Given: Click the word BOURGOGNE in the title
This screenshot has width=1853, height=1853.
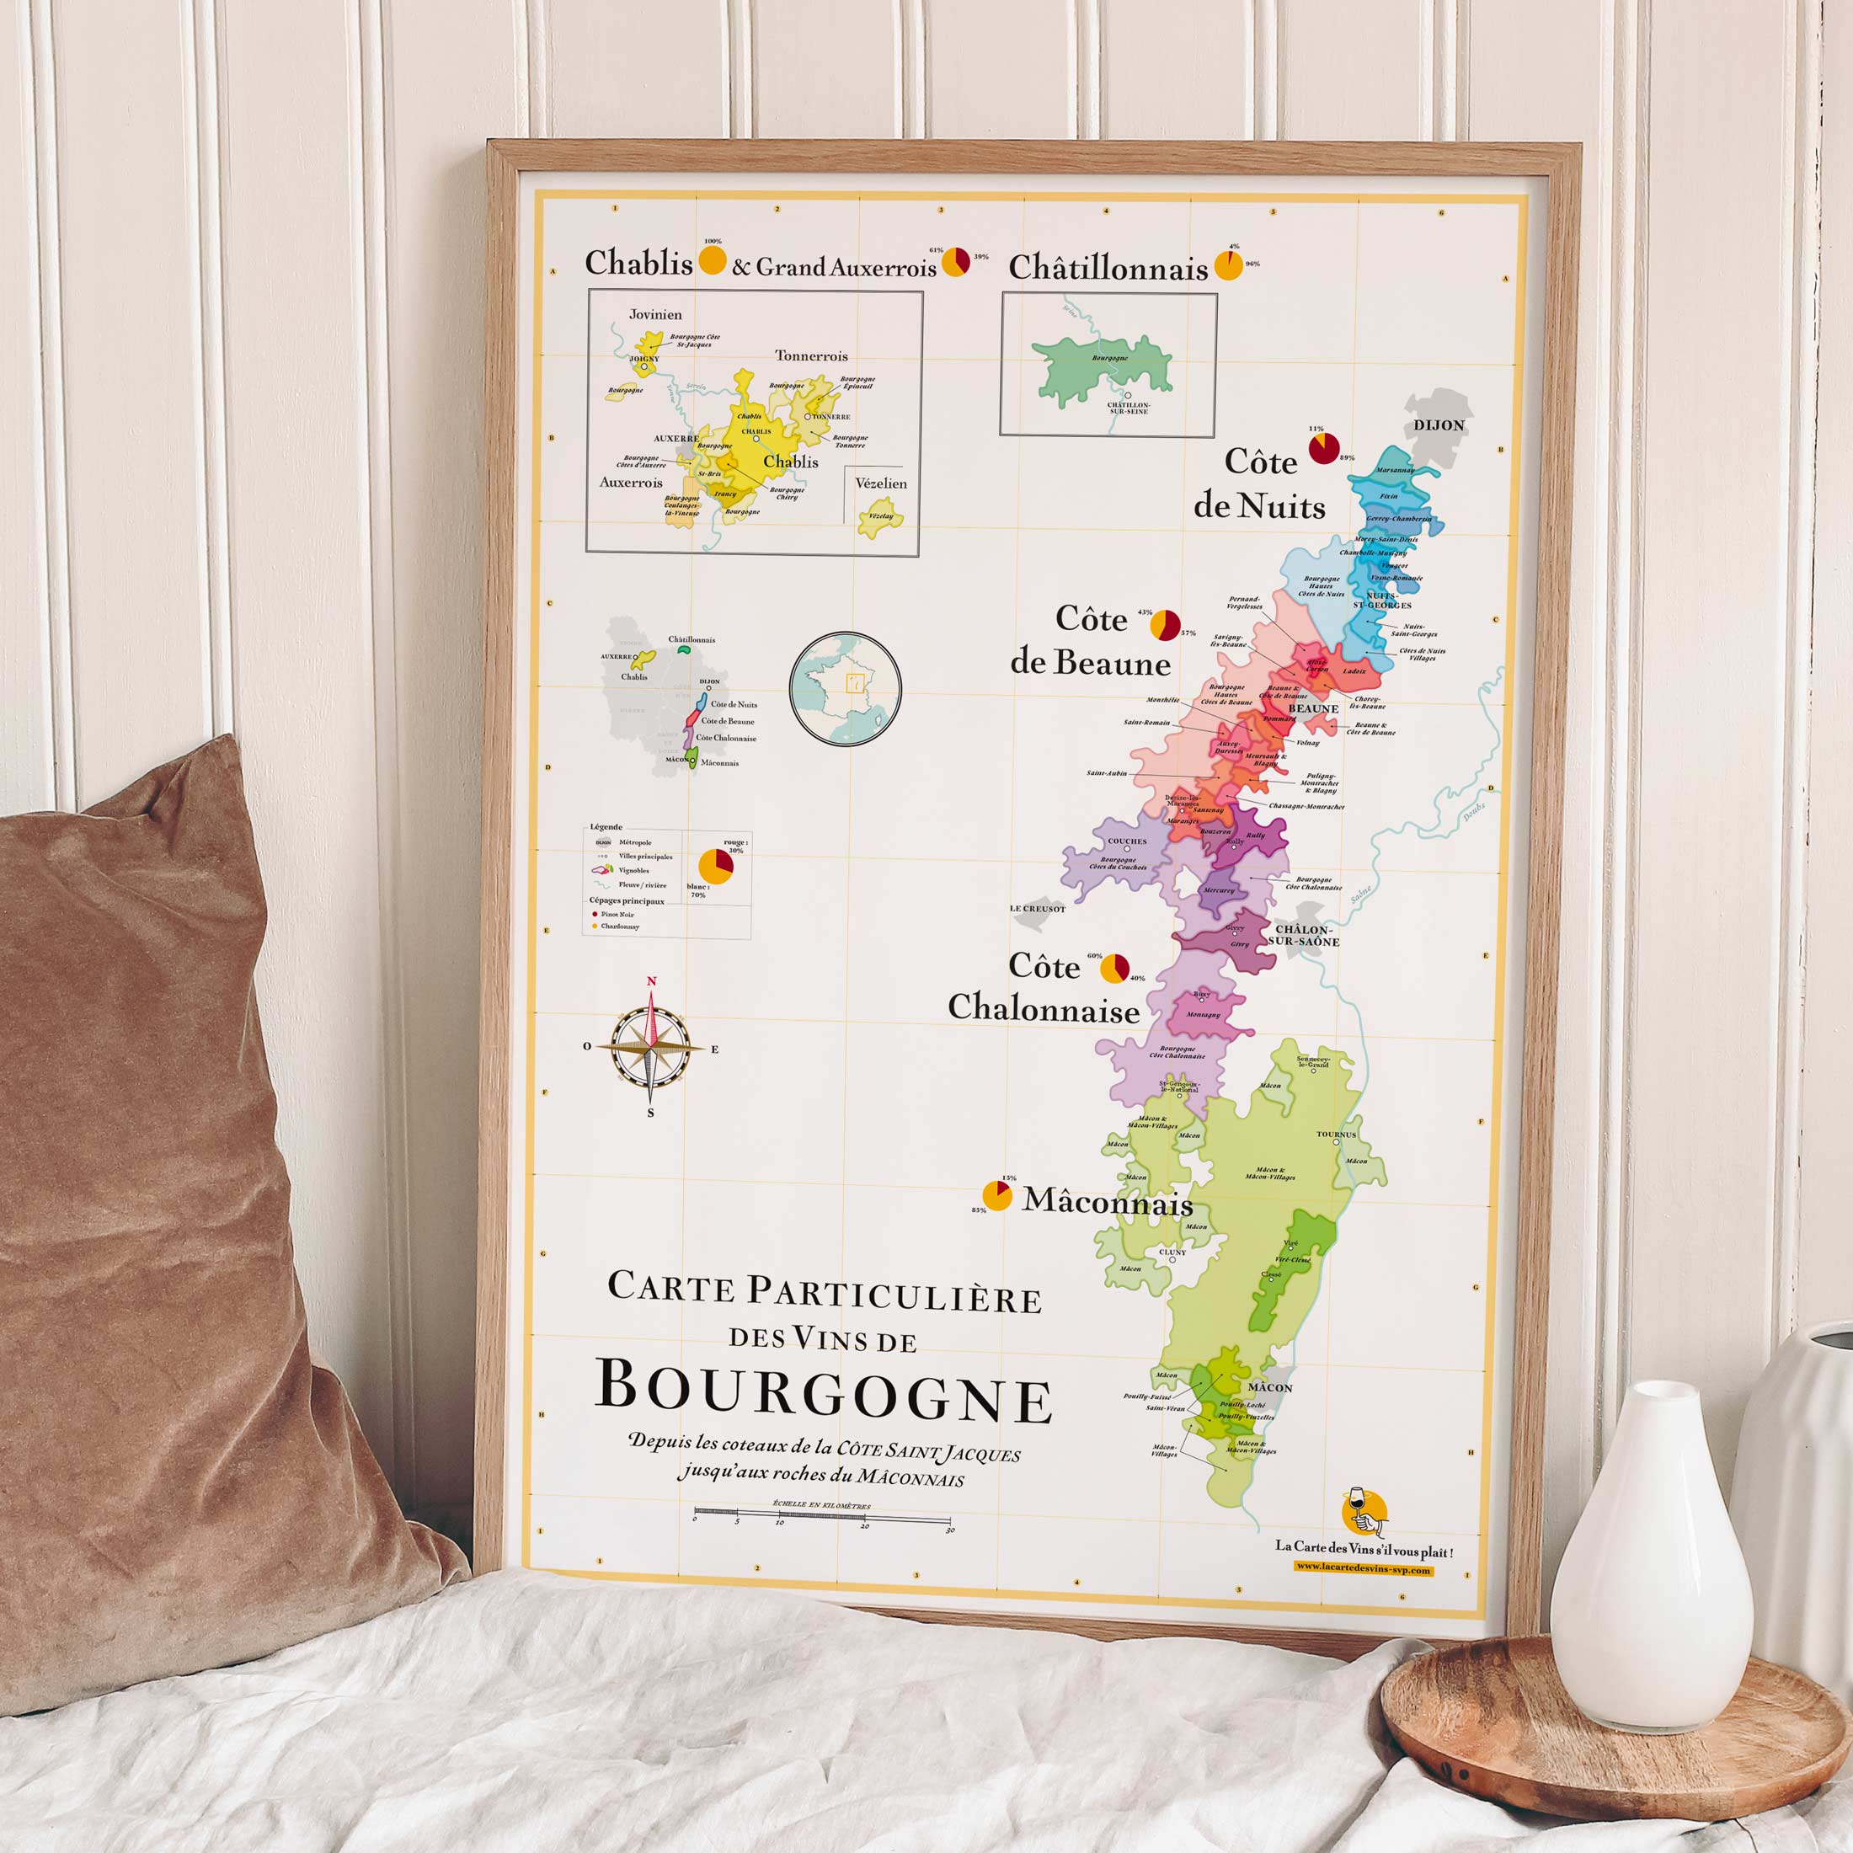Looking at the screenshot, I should (823, 1392).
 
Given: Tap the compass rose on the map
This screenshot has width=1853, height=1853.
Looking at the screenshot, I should (651, 1046).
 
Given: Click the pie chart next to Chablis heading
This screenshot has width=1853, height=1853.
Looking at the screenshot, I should (712, 260).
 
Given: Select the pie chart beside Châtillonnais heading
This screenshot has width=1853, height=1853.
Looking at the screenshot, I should (1228, 265).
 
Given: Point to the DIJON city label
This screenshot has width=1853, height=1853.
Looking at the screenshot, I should (1439, 425).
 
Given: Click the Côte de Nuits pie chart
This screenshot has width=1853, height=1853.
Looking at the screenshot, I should (1323, 448).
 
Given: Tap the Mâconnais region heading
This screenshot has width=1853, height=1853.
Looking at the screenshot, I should (1108, 1202).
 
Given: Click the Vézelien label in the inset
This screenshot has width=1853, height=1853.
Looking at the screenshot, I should (880, 483).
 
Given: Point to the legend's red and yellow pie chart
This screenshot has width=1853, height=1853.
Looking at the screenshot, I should (715, 865).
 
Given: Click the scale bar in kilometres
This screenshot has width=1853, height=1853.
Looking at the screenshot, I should (822, 1520).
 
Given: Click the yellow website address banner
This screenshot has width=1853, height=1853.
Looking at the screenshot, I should (1363, 1569).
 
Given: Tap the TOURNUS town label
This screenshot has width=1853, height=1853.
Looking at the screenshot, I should (1336, 1135).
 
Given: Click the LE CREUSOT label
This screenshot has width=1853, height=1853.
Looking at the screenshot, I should (1037, 908).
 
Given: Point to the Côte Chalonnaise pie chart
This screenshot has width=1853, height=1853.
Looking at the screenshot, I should (1113, 968).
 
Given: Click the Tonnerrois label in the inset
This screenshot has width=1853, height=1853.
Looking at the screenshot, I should (811, 355).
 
